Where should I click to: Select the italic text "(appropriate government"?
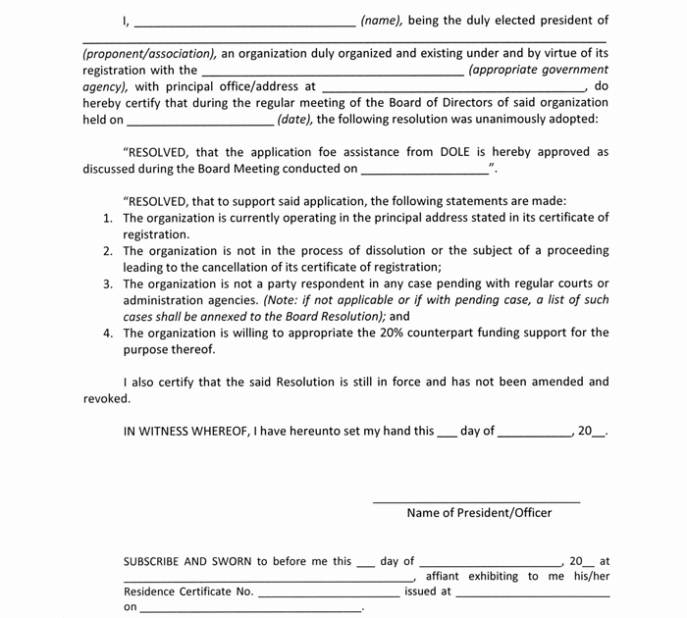coord(538,70)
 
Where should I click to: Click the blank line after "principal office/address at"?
coord(454,87)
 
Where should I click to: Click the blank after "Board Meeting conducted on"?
coord(425,170)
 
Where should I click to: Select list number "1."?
coord(109,218)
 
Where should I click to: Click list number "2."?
coord(109,251)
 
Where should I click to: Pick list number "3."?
coord(109,283)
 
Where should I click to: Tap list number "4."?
coord(109,333)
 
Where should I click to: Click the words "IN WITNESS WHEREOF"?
coord(185,431)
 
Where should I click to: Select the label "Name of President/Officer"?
coord(479,513)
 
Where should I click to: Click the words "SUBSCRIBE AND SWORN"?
coord(187,562)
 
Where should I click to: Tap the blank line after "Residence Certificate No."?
coord(329,593)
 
